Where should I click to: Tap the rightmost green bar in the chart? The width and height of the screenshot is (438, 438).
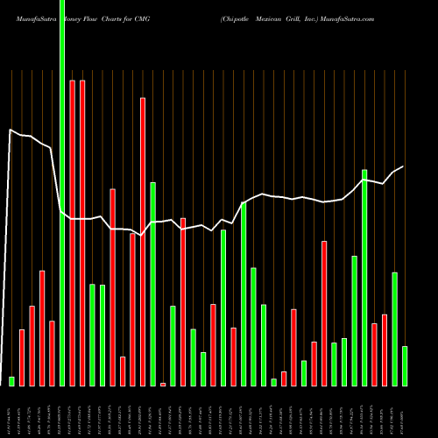point(405,366)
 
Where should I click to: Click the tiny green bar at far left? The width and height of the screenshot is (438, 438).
point(12,381)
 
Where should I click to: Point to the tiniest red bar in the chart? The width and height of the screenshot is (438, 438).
point(163,384)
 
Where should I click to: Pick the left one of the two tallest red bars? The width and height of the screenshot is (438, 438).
point(72,232)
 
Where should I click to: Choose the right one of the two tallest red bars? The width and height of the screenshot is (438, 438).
point(82,232)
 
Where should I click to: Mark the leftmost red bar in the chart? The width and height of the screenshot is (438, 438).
point(22,357)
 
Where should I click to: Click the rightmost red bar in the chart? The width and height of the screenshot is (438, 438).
point(385,350)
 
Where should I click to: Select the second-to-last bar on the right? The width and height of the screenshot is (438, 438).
point(394,328)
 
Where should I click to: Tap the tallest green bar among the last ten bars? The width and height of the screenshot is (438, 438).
point(364,277)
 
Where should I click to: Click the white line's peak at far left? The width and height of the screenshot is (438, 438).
point(11,131)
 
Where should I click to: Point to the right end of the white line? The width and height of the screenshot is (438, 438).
point(403,166)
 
